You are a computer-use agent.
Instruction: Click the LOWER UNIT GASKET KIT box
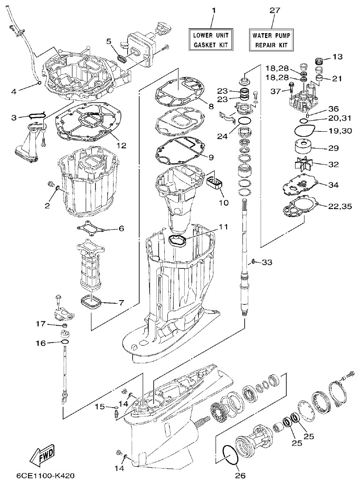tap(211, 39)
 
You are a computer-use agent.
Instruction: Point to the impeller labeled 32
tap(303, 164)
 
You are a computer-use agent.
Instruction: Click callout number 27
tap(272, 10)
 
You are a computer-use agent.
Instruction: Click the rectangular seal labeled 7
tap(92, 303)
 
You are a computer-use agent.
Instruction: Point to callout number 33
tap(267, 263)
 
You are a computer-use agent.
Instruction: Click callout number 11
tap(224, 227)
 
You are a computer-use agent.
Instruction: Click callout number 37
tap(276, 91)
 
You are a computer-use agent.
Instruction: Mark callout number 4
tap(14, 91)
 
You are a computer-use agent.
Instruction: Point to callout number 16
tap(40, 343)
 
